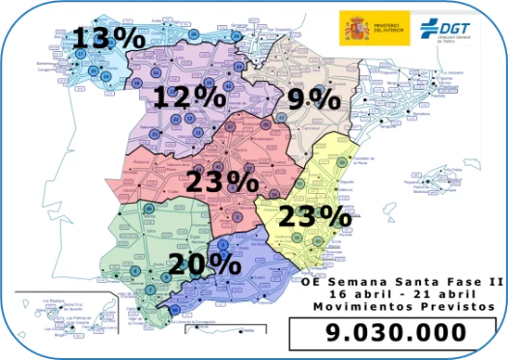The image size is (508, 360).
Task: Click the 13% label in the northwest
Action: pos(108,38)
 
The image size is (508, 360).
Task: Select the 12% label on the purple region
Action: pos(187,97)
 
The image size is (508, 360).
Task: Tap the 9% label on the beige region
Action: pos(314,98)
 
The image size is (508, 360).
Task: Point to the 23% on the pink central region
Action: pos(229,182)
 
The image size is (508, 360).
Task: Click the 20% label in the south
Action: pos(205,263)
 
